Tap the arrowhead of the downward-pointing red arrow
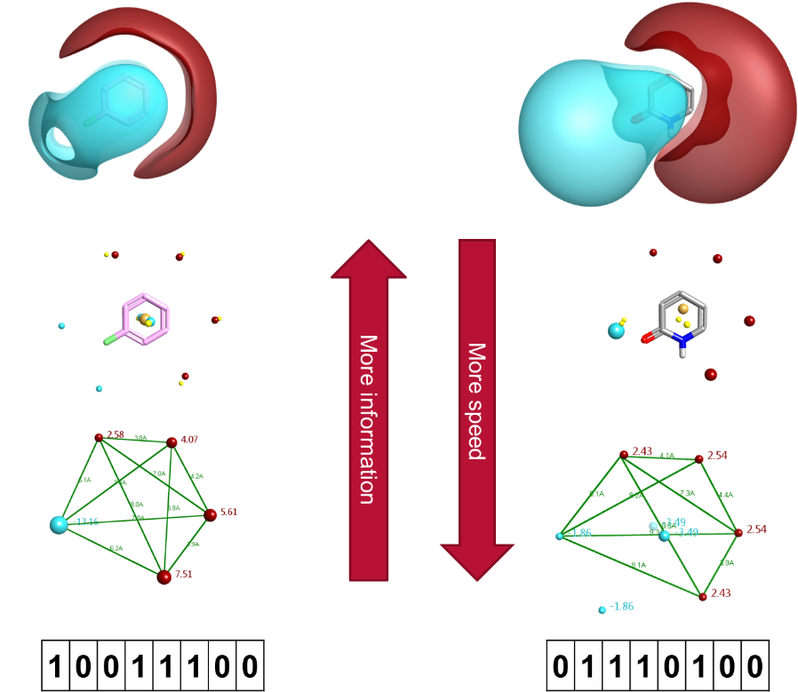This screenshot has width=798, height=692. pos(477,560)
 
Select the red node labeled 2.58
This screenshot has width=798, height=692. pos(100,437)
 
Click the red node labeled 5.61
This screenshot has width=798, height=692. pos(211,514)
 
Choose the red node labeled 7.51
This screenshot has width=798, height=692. pos(164,577)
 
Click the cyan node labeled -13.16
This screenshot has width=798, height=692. pos(59,524)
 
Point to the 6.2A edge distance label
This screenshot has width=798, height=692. pos(116,548)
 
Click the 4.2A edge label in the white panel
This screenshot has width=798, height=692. pos(197,476)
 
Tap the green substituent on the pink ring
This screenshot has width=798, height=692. pos(110,338)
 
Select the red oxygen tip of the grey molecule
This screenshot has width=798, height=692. pos(648,338)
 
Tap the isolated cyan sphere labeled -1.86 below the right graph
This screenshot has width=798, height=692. pos(602,609)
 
